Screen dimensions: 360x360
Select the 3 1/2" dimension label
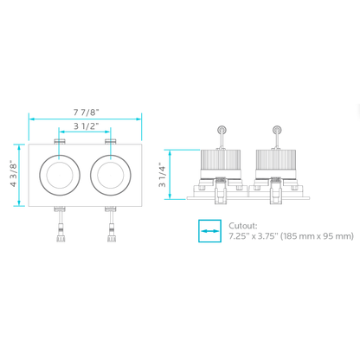pos(84,126)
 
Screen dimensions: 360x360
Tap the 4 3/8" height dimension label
pos(13,175)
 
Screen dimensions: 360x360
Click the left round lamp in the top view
pos(59,174)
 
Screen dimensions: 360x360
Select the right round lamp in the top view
pos(109,174)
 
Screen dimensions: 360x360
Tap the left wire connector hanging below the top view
pos(59,231)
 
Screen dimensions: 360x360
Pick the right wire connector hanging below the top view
pos(110,231)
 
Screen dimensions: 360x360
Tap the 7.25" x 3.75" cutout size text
pos(257,235)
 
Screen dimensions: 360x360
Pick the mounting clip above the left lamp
pos(59,140)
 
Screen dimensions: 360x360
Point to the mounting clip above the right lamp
pos(109,140)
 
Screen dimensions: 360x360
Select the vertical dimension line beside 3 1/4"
pos(171,176)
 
